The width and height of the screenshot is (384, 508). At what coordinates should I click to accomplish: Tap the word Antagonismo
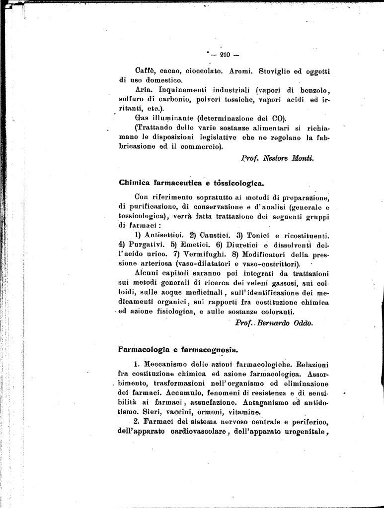264,402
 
